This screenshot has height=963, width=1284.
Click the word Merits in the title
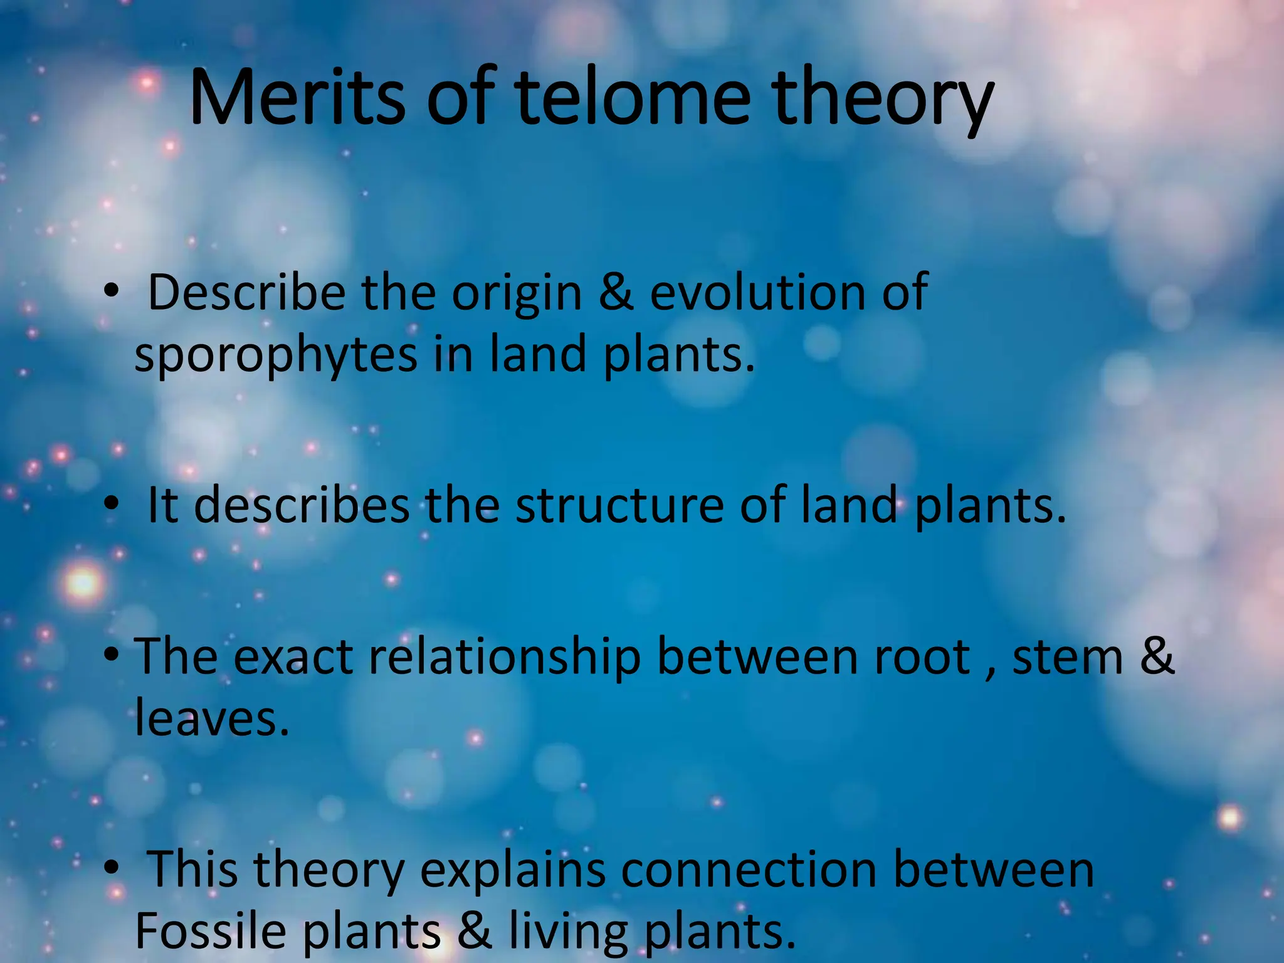[297, 99]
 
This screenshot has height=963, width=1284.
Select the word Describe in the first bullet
[246, 293]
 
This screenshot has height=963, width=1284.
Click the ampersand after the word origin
[616, 293]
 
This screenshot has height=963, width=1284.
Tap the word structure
[619, 505]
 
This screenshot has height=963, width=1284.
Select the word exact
[293, 657]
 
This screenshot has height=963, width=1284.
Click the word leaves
[212, 718]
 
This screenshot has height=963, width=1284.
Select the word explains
[512, 871]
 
